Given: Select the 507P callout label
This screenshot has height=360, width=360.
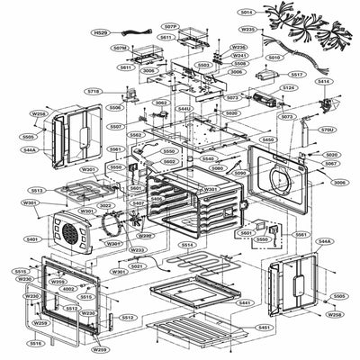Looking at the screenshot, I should pyautogui.click(x=170, y=26).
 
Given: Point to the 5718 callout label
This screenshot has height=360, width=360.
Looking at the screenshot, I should pyautogui.click(x=94, y=92).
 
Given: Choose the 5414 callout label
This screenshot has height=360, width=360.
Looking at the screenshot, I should pyautogui.click(x=323, y=82).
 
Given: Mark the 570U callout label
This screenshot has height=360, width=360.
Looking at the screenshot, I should pyautogui.click(x=327, y=130).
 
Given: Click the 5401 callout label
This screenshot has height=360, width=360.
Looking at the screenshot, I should pyautogui.click(x=32, y=239).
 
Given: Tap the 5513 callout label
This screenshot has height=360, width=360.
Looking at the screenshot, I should pyautogui.click(x=37, y=191).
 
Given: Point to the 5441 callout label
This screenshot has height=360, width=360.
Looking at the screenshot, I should pyautogui.click(x=243, y=303).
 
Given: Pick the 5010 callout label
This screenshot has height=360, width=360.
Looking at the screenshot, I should pyautogui.click(x=274, y=57).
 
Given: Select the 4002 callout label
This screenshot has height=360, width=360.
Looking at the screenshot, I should pyautogui.click(x=68, y=289).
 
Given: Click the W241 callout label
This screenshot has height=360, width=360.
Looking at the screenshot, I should pyautogui.click(x=239, y=55).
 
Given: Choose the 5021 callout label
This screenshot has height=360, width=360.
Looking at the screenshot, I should pyautogui.click(x=137, y=266).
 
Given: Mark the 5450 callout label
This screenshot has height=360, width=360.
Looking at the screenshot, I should pyautogui.click(x=267, y=140).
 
